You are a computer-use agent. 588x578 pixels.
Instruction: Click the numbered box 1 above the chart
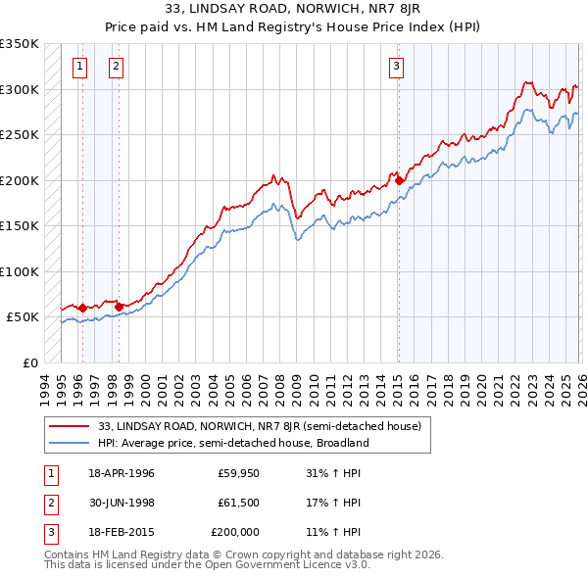pyautogui.click(x=79, y=67)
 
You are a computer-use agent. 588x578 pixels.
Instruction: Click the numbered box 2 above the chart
pyautogui.click(x=116, y=67)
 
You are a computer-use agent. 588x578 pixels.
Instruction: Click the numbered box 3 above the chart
pyautogui.click(x=396, y=67)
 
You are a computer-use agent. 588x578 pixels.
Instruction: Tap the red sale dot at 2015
pyautogui.click(x=400, y=180)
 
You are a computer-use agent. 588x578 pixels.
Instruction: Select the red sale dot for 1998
pyautogui.click(x=119, y=307)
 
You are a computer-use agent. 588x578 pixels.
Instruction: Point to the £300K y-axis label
pyautogui.click(x=20, y=89)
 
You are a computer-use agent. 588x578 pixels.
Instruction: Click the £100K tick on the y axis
pyautogui.click(x=20, y=271)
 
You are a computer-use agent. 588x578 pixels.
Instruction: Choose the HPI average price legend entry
pyautogui.click(x=232, y=443)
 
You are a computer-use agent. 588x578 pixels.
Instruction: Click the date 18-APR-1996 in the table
pyautogui.click(x=121, y=473)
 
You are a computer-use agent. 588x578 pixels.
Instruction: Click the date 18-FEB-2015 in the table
pyautogui.click(x=121, y=532)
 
